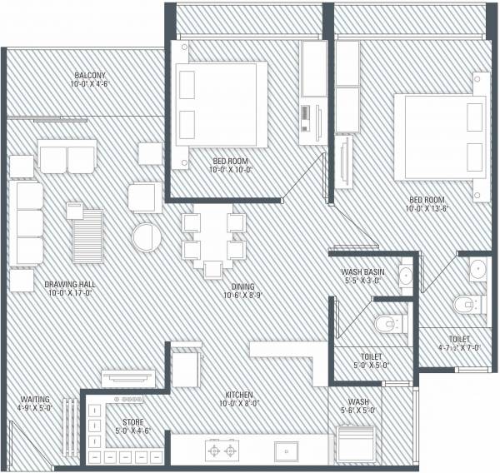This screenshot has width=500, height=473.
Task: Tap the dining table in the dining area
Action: point(213,236)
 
